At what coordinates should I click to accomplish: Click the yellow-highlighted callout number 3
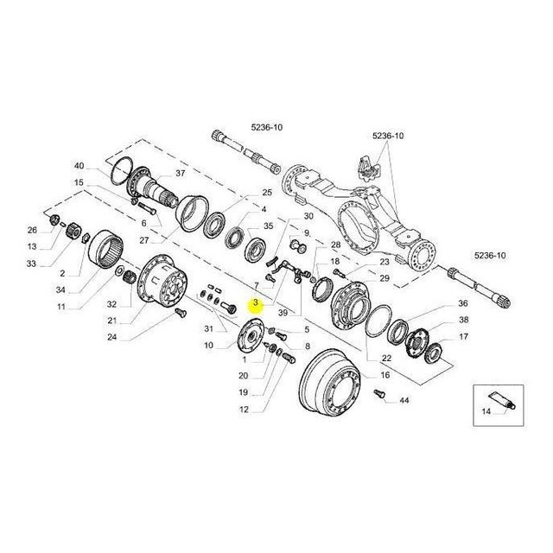(x=256, y=302)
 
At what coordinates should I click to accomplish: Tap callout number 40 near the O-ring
(x=79, y=165)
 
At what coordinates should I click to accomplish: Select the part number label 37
(x=181, y=173)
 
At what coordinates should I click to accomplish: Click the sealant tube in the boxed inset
(x=502, y=401)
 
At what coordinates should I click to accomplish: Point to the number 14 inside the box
(x=486, y=411)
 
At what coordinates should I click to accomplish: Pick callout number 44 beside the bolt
(x=404, y=400)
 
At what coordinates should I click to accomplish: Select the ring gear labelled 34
(x=105, y=248)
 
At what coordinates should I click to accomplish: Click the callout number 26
(x=32, y=231)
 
